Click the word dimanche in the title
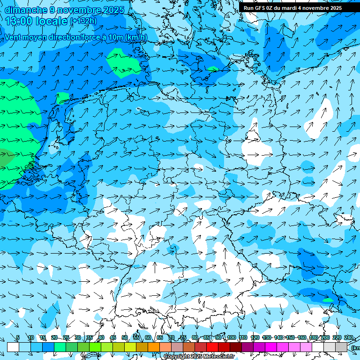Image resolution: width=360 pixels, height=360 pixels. coord(26,10)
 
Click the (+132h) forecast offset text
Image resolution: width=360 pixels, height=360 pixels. coord(83,21)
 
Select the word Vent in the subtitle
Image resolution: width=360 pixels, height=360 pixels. coord(15,37)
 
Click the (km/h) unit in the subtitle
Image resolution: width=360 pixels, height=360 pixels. coord(136,37)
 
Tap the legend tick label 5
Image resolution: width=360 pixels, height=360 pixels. coord(18,338)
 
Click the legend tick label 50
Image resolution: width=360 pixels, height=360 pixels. coord(124,338)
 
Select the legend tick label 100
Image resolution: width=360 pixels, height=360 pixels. coord(231,338)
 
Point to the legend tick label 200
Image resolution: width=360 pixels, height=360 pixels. coord(325,338)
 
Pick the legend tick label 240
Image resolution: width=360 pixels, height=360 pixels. coord(348,338)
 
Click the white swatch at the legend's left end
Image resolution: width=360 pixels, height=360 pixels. coord(13,347)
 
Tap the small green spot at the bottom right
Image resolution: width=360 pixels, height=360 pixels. coord(328,300)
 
